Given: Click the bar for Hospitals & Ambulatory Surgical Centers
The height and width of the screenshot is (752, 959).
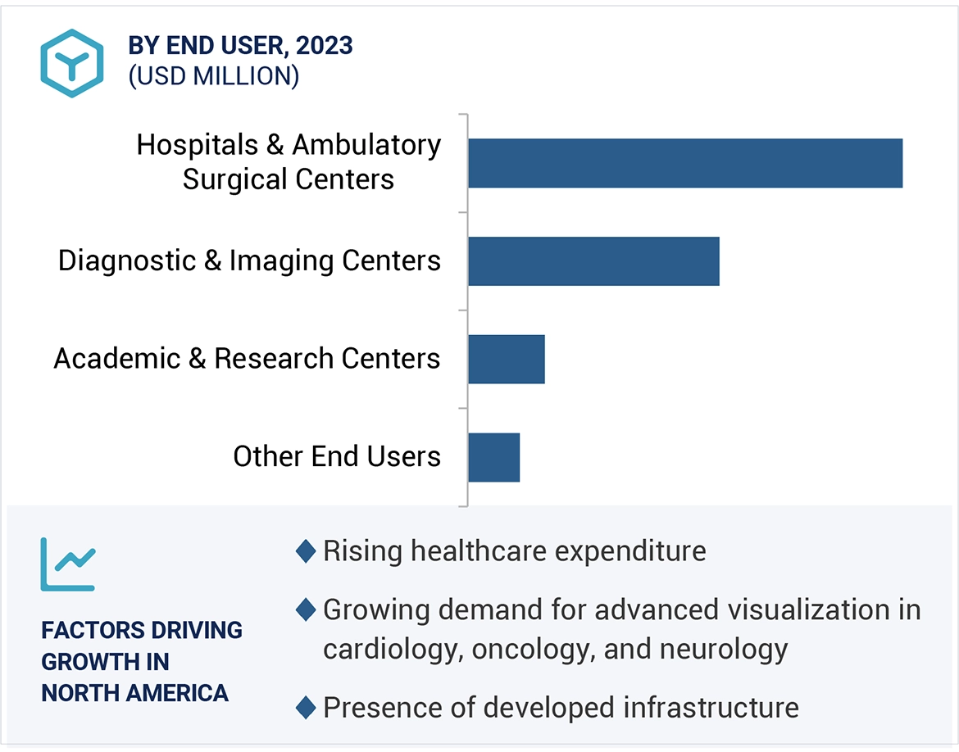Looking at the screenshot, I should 684,163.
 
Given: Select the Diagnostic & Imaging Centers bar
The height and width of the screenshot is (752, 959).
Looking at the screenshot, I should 593,261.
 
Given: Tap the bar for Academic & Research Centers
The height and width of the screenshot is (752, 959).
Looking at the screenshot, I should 506,359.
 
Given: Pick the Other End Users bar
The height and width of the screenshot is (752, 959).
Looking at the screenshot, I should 493,457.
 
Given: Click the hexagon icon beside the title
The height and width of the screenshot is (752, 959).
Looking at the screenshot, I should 72,63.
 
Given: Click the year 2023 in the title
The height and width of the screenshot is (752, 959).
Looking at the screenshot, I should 325,46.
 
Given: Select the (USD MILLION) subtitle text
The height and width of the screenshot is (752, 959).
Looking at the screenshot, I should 214,76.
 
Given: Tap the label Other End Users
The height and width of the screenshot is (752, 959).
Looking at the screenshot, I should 337,456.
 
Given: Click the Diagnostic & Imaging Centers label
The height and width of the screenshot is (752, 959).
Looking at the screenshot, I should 249,260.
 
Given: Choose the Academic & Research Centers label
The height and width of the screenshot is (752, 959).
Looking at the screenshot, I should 247,359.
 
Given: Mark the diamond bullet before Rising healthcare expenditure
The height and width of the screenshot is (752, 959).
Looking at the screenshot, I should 306,551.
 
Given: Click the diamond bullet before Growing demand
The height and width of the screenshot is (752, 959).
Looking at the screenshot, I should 306,610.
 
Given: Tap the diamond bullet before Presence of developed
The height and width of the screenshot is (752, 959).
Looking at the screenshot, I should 306,707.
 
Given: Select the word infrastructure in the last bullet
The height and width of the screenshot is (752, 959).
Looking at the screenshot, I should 711,707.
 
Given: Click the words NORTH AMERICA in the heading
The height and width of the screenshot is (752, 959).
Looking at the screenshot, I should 135,693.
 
